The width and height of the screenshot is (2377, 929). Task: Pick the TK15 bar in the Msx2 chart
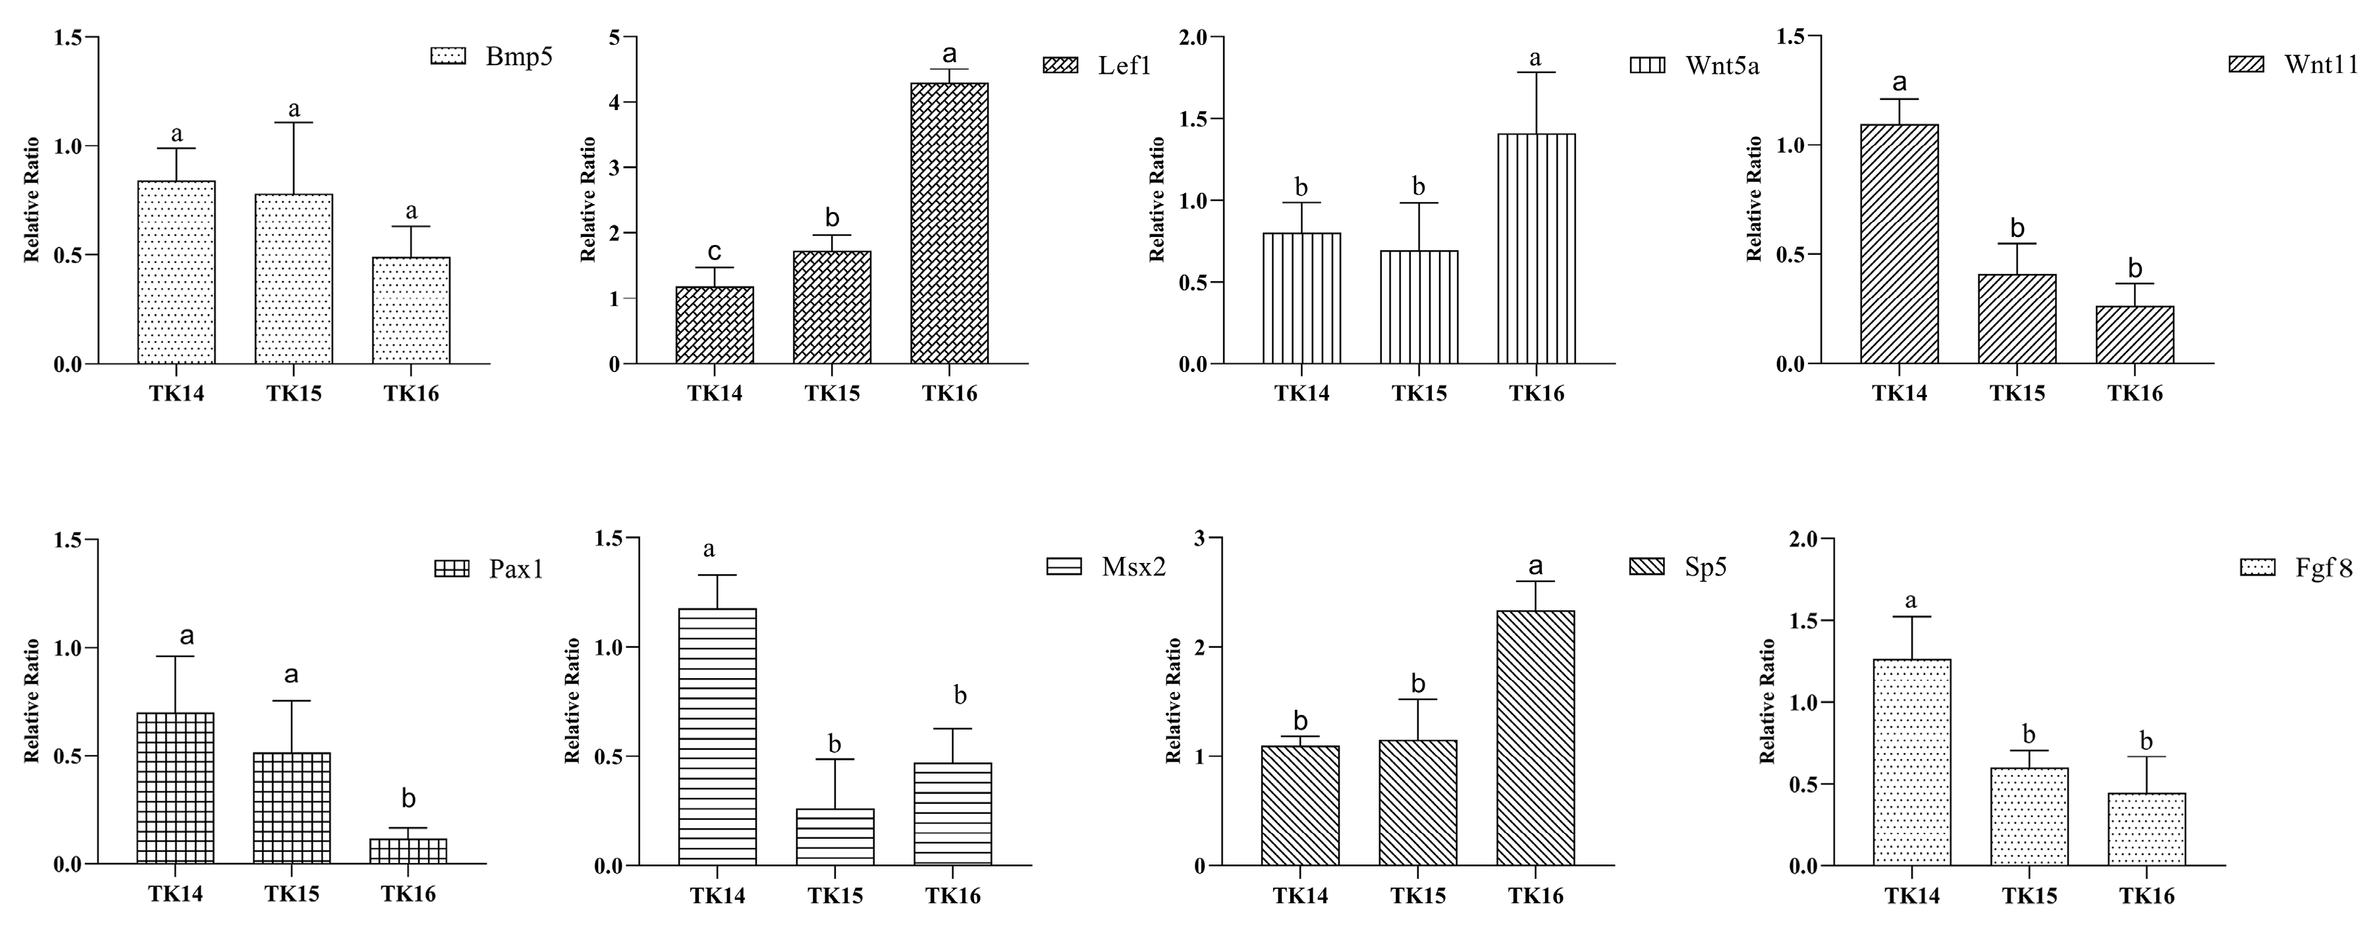click(834, 837)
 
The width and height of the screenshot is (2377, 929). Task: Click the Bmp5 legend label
click(518, 57)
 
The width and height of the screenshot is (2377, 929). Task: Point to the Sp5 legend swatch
click(1647, 566)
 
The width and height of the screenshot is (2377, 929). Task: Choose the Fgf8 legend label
click(2324, 568)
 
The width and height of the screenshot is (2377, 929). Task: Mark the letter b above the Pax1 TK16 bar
click(408, 799)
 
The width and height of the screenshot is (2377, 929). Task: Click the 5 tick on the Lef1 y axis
click(615, 37)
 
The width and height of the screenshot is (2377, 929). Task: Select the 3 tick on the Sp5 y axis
click(1199, 538)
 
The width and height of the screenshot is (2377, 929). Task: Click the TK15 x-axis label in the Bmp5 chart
click(294, 394)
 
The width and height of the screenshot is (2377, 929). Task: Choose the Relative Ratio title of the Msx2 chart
click(572, 701)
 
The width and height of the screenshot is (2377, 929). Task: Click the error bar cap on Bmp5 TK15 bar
click(294, 122)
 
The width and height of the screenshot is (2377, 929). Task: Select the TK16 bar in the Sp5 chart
click(1535, 738)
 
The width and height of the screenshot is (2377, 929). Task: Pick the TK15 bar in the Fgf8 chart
click(2029, 816)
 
